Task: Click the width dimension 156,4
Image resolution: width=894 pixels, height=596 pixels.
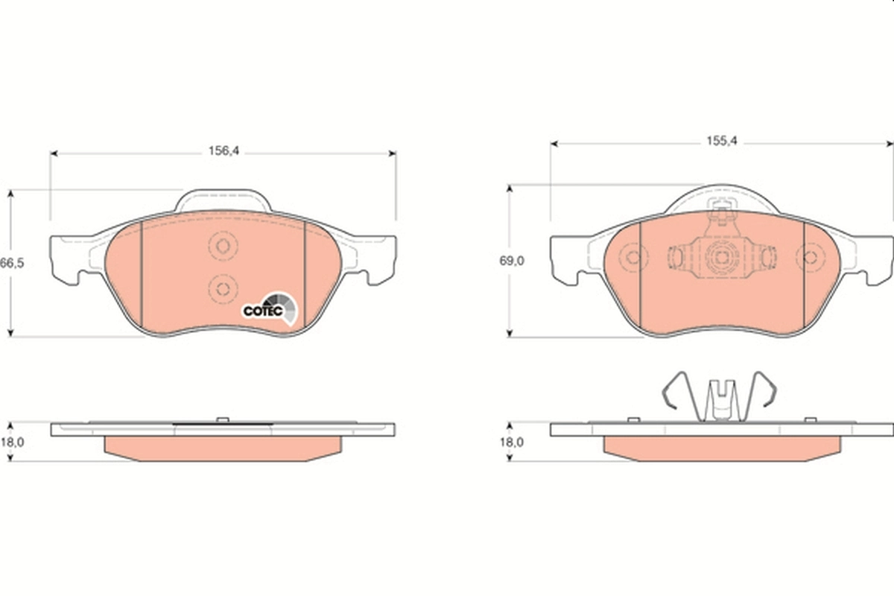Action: [223, 151]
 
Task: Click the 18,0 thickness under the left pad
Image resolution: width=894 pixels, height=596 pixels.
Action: [13, 442]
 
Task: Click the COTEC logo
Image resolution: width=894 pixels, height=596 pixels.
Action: [270, 308]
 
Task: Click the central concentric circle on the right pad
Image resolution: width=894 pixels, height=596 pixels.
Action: [720, 257]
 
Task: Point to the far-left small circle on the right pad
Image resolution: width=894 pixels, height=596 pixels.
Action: [633, 258]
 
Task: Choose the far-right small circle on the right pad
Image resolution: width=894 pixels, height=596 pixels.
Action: [809, 258]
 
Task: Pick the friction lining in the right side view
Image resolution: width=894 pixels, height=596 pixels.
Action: [721, 447]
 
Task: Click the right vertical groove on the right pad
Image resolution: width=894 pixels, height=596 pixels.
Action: [804, 276]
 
